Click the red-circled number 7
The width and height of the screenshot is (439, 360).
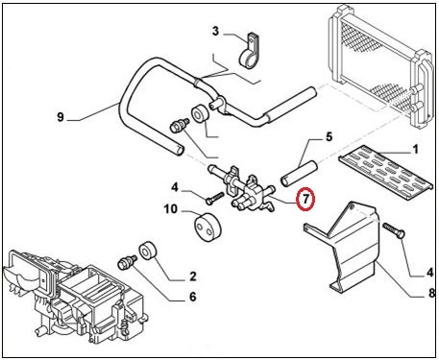click(x=305, y=199)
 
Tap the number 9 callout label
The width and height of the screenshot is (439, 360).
click(x=61, y=117)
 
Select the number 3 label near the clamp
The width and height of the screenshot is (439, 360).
click(x=215, y=31)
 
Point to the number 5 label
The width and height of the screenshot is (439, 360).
click(x=329, y=136)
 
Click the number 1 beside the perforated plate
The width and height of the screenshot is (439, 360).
click(x=415, y=149)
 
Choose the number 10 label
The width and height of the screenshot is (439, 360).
click(x=170, y=209)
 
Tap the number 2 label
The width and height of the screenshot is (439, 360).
click(x=192, y=276)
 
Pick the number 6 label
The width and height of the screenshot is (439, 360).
click(x=192, y=297)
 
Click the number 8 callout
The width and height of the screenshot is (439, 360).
click(x=432, y=293)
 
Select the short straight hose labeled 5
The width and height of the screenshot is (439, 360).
click(x=299, y=174)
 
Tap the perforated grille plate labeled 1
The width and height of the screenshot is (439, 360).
click(x=386, y=172)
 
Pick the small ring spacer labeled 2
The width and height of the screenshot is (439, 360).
click(x=147, y=251)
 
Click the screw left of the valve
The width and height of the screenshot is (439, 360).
click(x=214, y=198)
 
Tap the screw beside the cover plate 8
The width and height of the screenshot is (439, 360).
click(x=394, y=231)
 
